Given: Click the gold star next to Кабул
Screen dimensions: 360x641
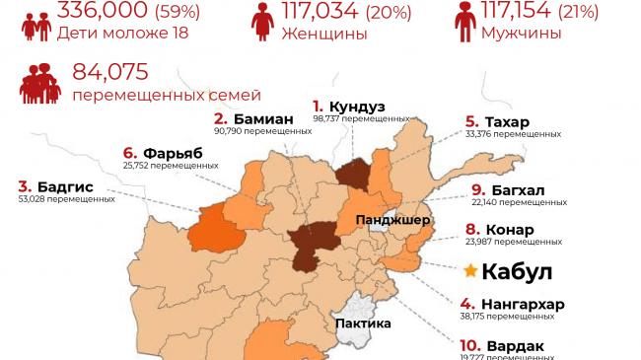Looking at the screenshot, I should click(x=471, y=270).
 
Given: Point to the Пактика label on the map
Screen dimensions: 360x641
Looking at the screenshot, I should click(x=362, y=323).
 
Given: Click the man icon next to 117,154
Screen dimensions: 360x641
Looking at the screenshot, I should click(x=464, y=21).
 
